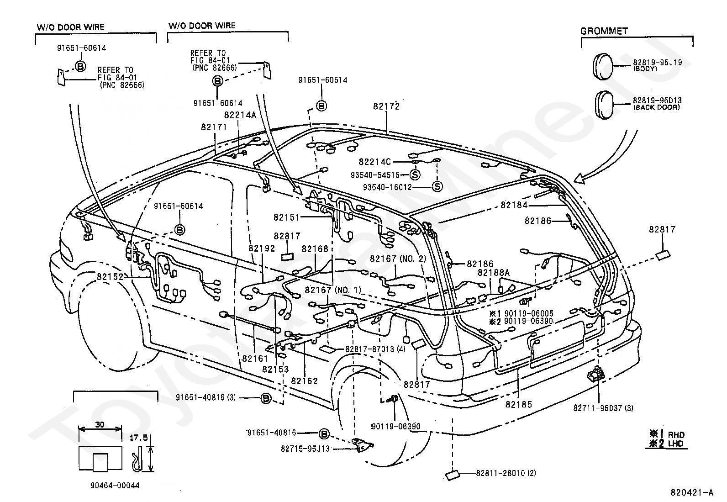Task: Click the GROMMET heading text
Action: tap(604, 31)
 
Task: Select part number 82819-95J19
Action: tap(657, 62)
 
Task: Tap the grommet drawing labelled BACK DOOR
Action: tap(604, 105)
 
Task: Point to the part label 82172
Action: tap(386, 106)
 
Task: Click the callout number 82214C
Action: tap(374, 162)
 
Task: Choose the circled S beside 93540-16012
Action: tap(437, 186)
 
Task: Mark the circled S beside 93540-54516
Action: tap(415, 175)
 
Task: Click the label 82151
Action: tap(286, 217)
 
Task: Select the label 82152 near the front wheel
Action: tap(110, 277)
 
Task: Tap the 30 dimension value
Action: tap(100, 424)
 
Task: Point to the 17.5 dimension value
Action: tap(138, 438)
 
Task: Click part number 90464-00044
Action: tap(115, 486)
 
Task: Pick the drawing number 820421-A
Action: tap(692, 492)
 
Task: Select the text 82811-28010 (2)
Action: tap(506, 473)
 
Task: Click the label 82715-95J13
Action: tap(305, 449)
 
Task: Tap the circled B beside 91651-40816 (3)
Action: tap(265, 398)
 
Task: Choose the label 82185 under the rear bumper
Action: tap(519, 405)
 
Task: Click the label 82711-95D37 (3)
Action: tap(603, 408)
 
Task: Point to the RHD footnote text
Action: tap(676, 435)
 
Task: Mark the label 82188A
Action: tap(493, 273)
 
